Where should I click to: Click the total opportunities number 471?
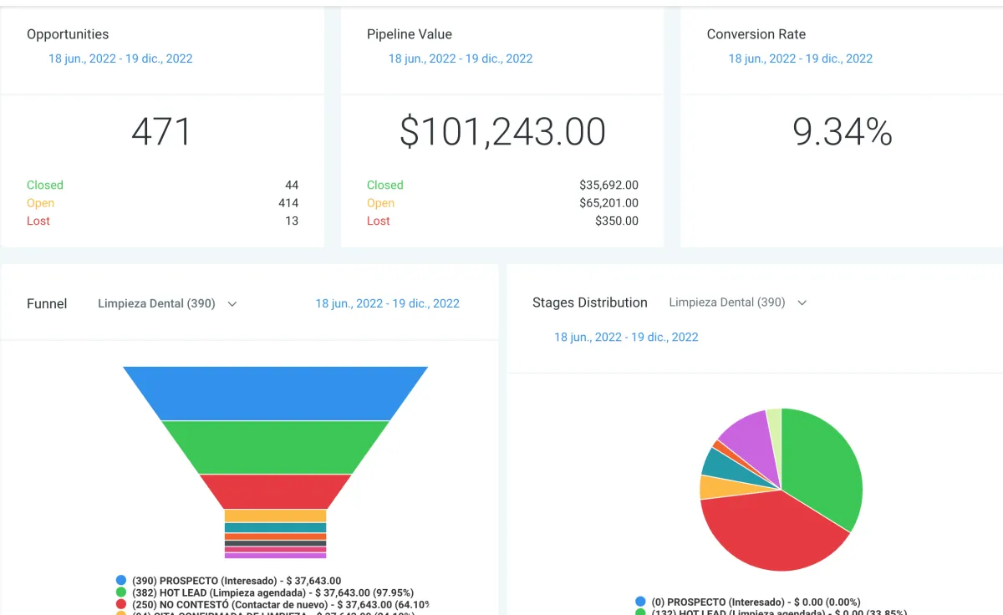point(162,132)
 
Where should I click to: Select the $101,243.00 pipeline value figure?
point(502,132)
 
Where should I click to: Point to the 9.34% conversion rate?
point(842,132)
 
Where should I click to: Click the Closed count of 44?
point(291,185)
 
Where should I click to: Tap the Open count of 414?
point(288,203)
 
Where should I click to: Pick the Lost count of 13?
point(291,221)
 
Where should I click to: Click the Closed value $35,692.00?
point(608,185)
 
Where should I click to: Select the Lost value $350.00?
point(616,221)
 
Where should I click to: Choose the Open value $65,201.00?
point(608,203)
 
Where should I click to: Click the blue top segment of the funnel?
point(275,393)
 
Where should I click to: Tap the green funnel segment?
point(275,447)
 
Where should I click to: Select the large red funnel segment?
point(275,491)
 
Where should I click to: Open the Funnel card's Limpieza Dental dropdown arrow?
point(232,304)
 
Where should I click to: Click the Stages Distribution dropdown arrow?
point(802,302)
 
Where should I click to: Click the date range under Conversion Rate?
point(800,58)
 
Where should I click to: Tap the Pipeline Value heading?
point(410,34)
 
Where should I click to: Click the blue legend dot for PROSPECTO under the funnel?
point(121,580)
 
